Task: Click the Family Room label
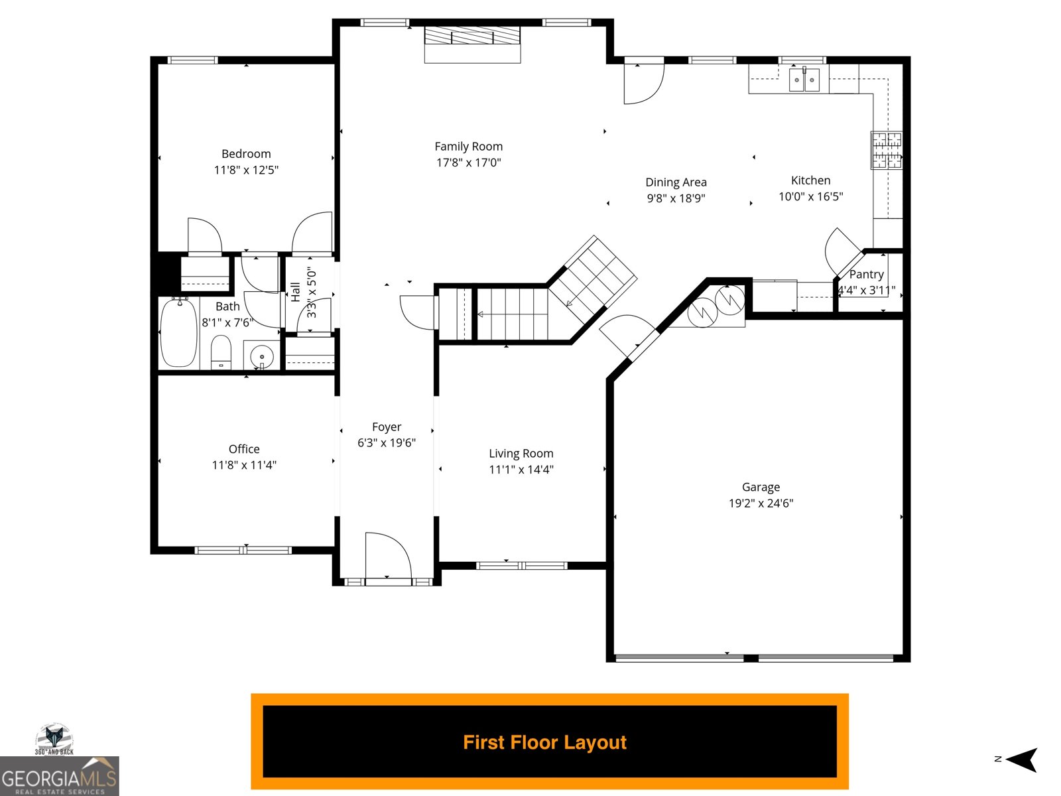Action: pyautogui.click(x=468, y=147)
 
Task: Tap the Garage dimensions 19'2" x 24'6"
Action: pyautogui.click(x=761, y=503)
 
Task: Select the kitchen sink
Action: pyautogui.click(x=804, y=80)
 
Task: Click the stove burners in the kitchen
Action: pyautogui.click(x=887, y=150)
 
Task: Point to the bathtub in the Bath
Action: pyautogui.click(x=178, y=332)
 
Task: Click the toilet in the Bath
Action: pyautogui.click(x=221, y=352)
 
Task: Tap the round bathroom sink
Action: pyautogui.click(x=262, y=356)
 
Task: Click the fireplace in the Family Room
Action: pyautogui.click(x=472, y=36)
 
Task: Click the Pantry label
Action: pyautogui.click(x=866, y=275)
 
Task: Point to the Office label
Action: pyautogui.click(x=244, y=449)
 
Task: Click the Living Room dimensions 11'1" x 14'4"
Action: pyautogui.click(x=521, y=470)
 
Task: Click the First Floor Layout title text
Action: pyautogui.click(x=544, y=742)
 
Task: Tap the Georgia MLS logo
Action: pyautogui.click(x=59, y=777)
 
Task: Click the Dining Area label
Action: pyautogui.click(x=676, y=182)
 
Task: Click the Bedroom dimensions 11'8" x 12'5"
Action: pyautogui.click(x=246, y=170)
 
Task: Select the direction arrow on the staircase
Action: pyautogui.click(x=570, y=302)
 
